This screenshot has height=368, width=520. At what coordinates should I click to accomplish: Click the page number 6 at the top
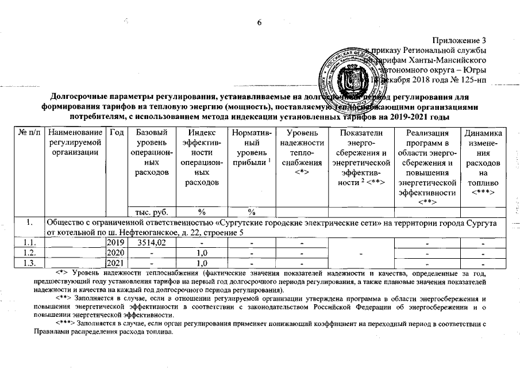pyautogui.click(x=259, y=22)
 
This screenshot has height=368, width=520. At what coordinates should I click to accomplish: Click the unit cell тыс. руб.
pyautogui.click(x=149, y=212)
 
